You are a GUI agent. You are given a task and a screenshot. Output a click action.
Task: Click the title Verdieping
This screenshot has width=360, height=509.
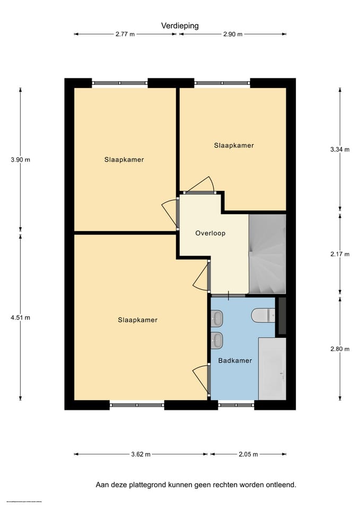click(x=180, y=25)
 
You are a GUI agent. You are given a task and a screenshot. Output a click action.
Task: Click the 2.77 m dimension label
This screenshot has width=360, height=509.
click(x=125, y=34)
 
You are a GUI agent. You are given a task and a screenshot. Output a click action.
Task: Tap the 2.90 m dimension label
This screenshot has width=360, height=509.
click(x=232, y=34)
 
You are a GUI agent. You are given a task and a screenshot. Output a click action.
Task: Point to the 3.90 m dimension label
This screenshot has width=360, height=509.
click(x=20, y=160)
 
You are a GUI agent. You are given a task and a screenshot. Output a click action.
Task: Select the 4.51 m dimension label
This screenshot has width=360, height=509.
click(x=20, y=318)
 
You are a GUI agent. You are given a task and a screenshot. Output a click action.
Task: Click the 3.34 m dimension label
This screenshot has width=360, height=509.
click(x=340, y=150)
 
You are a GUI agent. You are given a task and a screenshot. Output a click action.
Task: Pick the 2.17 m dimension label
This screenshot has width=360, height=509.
click(x=340, y=254)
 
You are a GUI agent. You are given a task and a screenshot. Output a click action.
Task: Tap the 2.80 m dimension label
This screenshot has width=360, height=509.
click(x=340, y=349)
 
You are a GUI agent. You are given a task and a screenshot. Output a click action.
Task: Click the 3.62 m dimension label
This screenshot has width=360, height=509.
click(x=141, y=454)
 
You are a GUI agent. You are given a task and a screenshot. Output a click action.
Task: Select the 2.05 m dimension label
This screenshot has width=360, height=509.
click(x=248, y=454)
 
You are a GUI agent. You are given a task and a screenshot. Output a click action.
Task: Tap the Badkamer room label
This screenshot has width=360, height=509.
click(x=235, y=361)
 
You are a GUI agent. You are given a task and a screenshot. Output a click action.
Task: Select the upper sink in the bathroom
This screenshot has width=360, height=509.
click(x=217, y=318)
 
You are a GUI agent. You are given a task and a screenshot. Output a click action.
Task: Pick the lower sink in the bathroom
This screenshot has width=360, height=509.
click(x=217, y=340)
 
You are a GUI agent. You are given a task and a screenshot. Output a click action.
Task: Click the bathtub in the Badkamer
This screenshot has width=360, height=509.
click(x=272, y=368)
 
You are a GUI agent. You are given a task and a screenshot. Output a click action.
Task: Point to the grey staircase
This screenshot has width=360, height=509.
click(x=267, y=254)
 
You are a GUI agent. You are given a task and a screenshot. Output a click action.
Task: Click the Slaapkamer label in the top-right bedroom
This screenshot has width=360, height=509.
click(x=234, y=145)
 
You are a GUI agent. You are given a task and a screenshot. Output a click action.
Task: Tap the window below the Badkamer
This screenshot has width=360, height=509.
click(x=236, y=405)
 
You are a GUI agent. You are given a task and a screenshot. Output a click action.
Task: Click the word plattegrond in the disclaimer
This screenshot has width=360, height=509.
click(x=150, y=485)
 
